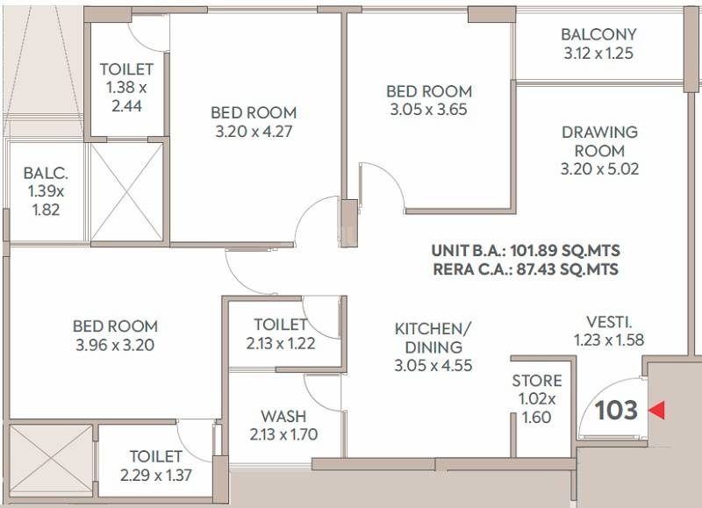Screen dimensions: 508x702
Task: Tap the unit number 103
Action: click(617, 410)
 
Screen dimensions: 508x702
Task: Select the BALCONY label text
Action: click(599, 34)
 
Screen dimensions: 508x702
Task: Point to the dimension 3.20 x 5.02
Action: click(599, 168)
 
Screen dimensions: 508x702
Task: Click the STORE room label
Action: click(537, 381)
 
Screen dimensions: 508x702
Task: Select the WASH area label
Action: click(283, 415)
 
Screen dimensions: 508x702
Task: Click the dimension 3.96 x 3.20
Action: click(115, 345)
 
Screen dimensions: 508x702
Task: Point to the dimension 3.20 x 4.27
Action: click(254, 132)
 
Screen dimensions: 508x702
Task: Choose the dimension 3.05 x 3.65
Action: click(429, 110)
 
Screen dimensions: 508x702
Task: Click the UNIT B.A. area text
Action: click(525, 250)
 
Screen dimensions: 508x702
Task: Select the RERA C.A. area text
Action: click(525, 269)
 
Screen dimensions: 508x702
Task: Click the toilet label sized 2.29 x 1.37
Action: click(156, 456)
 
